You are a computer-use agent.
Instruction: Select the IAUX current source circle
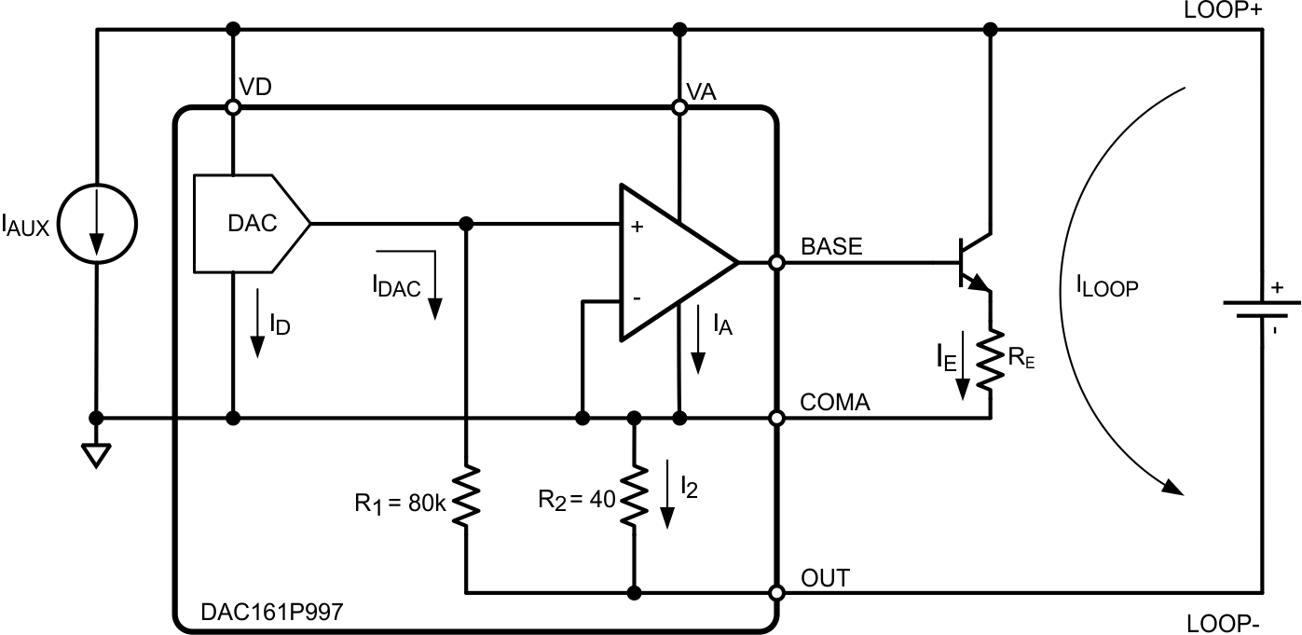click(x=97, y=224)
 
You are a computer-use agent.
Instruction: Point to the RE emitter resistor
click(x=990, y=356)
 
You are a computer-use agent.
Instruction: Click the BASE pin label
click(x=832, y=247)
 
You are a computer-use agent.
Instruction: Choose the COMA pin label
click(x=835, y=402)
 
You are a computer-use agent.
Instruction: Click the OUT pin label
click(x=826, y=578)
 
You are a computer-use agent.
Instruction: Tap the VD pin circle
click(x=233, y=108)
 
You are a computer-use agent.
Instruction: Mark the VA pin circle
click(x=679, y=108)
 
